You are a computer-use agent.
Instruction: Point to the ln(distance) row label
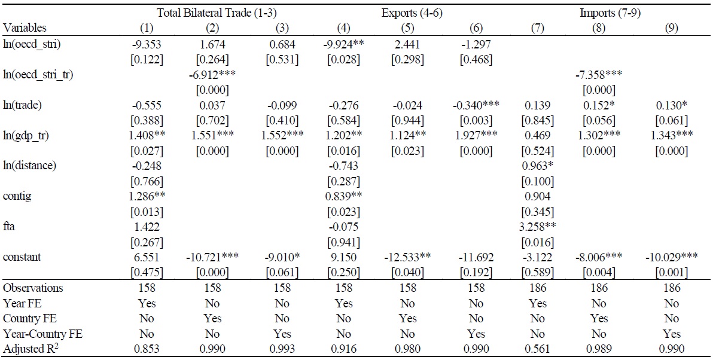point(30,166)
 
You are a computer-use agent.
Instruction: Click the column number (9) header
point(671,28)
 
